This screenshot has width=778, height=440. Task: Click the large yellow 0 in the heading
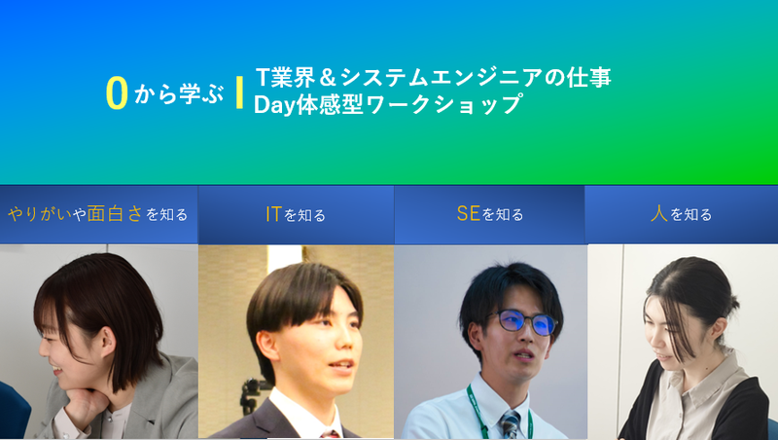click(x=117, y=92)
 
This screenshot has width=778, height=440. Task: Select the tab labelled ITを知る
click(x=296, y=214)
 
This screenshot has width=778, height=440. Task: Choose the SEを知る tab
click(x=489, y=214)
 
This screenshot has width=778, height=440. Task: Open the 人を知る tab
click(x=681, y=214)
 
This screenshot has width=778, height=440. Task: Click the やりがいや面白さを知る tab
click(x=97, y=214)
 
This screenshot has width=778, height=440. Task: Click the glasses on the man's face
click(x=526, y=323)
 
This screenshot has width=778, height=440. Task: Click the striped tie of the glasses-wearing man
click(x=510, y=424)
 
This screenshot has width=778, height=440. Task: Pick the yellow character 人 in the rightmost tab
click(x=658, y=213)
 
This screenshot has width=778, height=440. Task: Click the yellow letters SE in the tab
click(x=468, y=213)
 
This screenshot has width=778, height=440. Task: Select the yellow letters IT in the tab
click(x=273, y=213)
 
